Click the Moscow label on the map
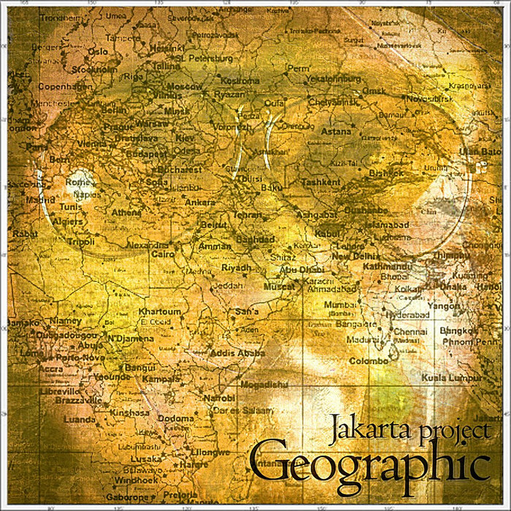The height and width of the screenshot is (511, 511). pyautogui.click(x=185, y=86)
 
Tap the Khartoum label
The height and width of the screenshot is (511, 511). pyautogui.click(x=159, y=312)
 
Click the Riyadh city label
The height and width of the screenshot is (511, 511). pyautogui.click(x=236, y=268)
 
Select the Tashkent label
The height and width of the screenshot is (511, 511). pyautogui.click(x=320, y=182)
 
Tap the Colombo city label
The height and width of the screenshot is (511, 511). pyautogui.click(x=368, y=361)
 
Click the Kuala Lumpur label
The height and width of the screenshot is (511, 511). pyautogui.click(x=451, y=378)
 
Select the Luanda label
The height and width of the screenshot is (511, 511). pyautogui.click(x=80, y=420)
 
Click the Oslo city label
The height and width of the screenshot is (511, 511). pyautogui.click(x=98, y=52)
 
